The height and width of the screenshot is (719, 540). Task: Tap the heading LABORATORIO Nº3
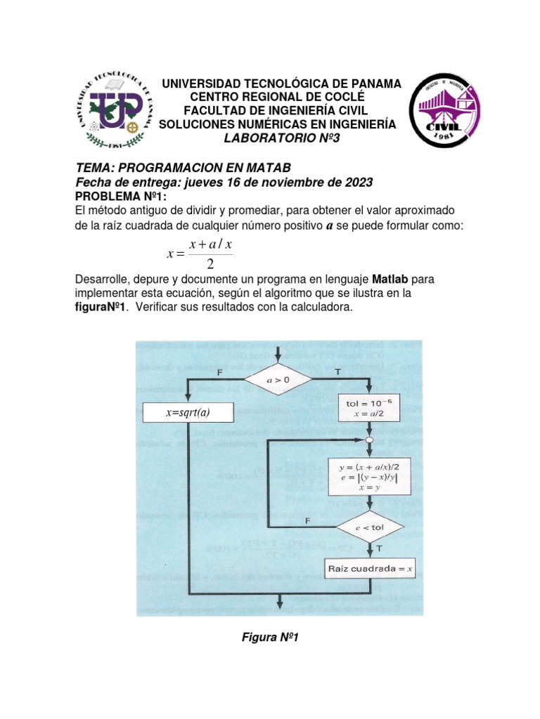click(x=281, y=138)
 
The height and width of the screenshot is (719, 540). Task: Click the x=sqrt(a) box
click(x=188, y=414)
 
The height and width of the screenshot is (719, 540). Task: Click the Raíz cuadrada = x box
click(x=368, y=567)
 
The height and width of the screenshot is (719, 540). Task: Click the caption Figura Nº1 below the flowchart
click(x=271, y=637)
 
